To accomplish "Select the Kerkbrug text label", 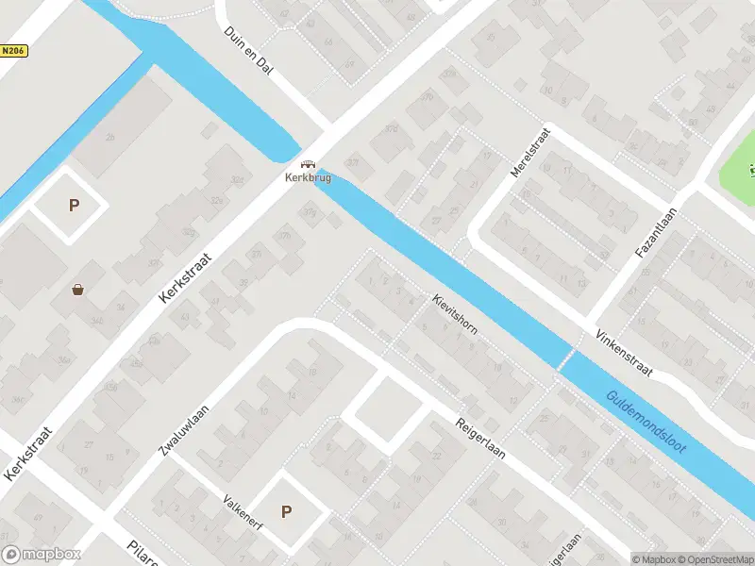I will tap(309, 177).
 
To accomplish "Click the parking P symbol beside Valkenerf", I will tap(286, 512).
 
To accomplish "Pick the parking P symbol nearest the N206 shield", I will tap(74, 206).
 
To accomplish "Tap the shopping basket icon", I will tap(77, 290).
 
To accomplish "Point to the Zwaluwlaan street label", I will tap(183, 428).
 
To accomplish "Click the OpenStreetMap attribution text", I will tap(713, 558).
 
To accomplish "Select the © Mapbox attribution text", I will tap(652, 558).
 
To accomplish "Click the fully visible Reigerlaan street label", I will tap(479, 439).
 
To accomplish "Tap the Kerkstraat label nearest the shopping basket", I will tap(187, 275).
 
